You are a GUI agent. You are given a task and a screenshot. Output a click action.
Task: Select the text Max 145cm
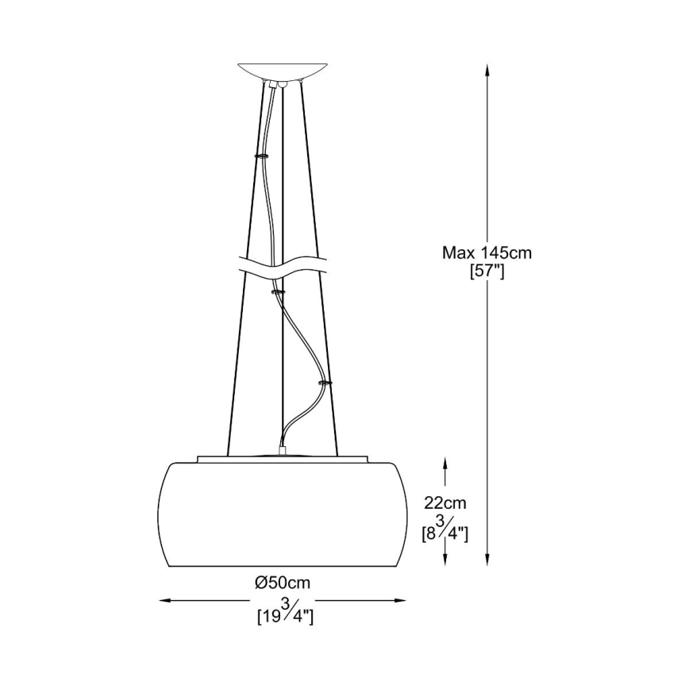click(x=487, y=253)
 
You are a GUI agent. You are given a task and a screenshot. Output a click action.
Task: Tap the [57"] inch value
click(x=487, y=271)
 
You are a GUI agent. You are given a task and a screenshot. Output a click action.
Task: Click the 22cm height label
click(x=445, y=502)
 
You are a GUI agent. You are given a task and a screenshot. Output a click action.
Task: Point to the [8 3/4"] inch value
click(x=445, y=531)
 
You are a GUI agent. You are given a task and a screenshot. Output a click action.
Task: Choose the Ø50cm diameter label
click(x=283, y=583)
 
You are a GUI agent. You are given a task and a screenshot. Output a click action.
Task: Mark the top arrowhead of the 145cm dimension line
click(x=487, y=70)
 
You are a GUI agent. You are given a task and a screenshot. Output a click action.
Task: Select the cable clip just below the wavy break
click(x=278, y=292)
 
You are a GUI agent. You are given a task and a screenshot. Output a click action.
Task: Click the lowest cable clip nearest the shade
click(x=325, y=383)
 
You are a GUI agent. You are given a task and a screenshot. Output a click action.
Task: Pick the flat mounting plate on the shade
click(x=283, y=458)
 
